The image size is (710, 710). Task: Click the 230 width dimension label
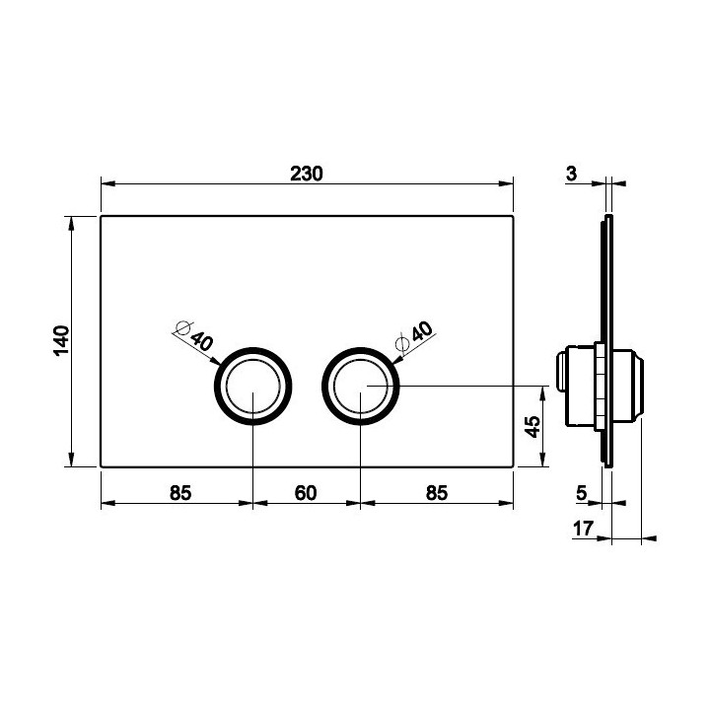307,174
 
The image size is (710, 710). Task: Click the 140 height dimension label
61,340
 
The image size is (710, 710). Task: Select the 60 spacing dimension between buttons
306,493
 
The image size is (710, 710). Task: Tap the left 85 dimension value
180,493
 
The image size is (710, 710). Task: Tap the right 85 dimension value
437,493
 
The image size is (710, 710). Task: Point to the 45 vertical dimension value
532,427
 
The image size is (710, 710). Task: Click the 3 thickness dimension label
571,174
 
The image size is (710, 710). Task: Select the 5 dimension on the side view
582,493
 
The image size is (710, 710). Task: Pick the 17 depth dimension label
583,529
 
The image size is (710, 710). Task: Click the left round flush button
253,387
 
